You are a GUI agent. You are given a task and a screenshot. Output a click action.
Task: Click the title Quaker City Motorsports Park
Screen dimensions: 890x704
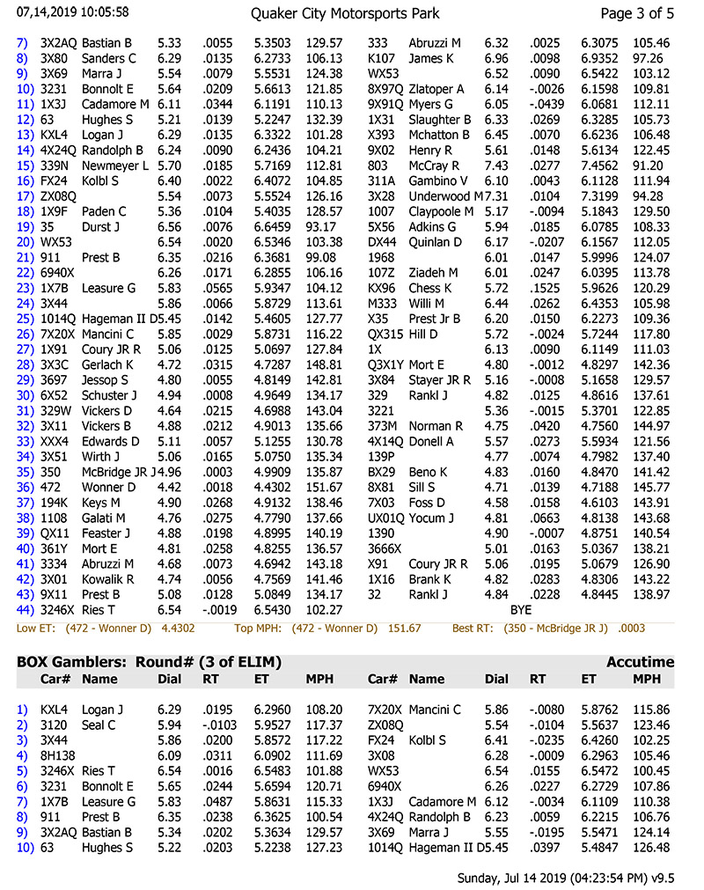[x=345, y=13]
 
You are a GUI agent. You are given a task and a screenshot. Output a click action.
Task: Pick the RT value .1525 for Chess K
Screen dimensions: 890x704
[x=545, y=289]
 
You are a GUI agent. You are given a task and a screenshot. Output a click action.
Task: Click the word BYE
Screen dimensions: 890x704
[x=521, y=609]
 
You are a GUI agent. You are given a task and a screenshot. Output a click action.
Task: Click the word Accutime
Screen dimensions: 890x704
[x=640, y=662]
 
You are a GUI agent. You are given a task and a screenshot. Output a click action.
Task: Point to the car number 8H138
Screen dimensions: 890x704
[x=58, y=755]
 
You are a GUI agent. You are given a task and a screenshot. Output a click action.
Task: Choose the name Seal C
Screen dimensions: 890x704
[x=99, y=725]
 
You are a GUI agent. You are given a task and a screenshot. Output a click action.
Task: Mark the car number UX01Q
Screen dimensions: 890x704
[x=385, y=519]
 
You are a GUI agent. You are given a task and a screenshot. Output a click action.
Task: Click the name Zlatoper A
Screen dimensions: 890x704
[x=436, y=89]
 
